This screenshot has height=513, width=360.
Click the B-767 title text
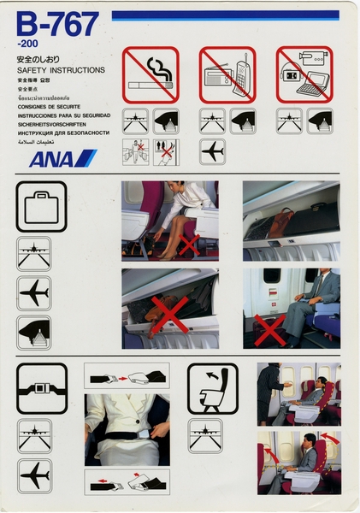click(x=57, y=26)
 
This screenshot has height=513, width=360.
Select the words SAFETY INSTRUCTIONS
click(x=61, y=70)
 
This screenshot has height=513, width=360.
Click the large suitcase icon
click(x=41, y=207)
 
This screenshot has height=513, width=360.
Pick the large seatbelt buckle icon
click(x=41, y=389)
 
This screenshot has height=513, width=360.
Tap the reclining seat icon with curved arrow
click(x=214, y=389)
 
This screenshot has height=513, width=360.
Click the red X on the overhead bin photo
click(x=168, y=314)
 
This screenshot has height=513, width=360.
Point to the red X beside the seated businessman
click(x=271, y=328)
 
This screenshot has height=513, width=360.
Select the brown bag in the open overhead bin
click(x=281, y=223)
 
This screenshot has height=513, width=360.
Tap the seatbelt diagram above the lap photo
click(x=127, y=377)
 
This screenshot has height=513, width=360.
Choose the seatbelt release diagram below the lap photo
click(x=127, y=481)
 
